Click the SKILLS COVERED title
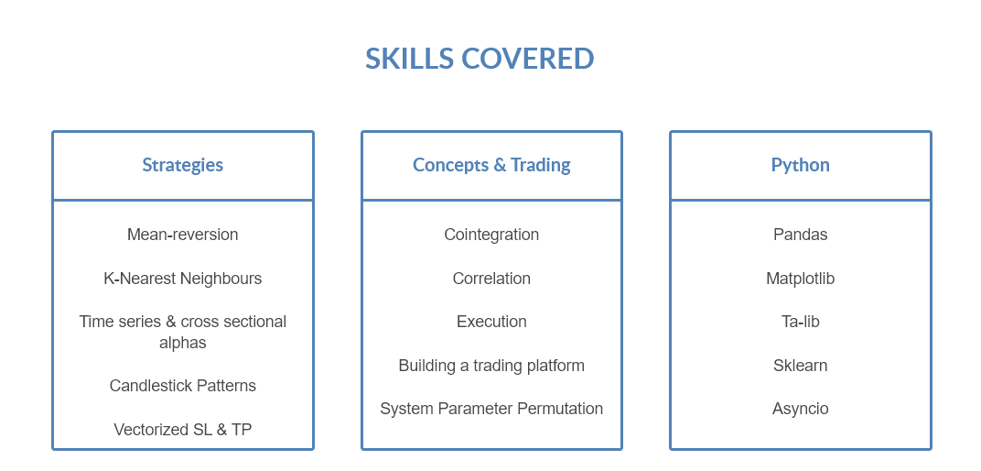[x=480, y=59]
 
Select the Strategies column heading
[x=183, y=165]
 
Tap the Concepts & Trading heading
[x=491, y=165]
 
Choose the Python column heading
[x=801, y=165]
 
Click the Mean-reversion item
[x=183, y=235]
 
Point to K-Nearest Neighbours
[x=183, y=279]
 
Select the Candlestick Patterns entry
[x=183, y=386]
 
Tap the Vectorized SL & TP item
[x=183, y=430]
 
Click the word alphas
[x=183, y=343]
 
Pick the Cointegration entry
[x=491, y=235]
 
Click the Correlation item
[x=491, y=279]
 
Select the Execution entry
[x=491, y=322]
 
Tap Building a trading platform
[x=491, y=366]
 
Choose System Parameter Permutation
[x=491, y=409]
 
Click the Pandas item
[x=801, y=235]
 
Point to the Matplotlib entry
[x=801, y=279]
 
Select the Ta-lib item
[x=801, y=322]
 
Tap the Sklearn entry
[x=801, y=366]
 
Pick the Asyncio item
[x=801, y=409]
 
